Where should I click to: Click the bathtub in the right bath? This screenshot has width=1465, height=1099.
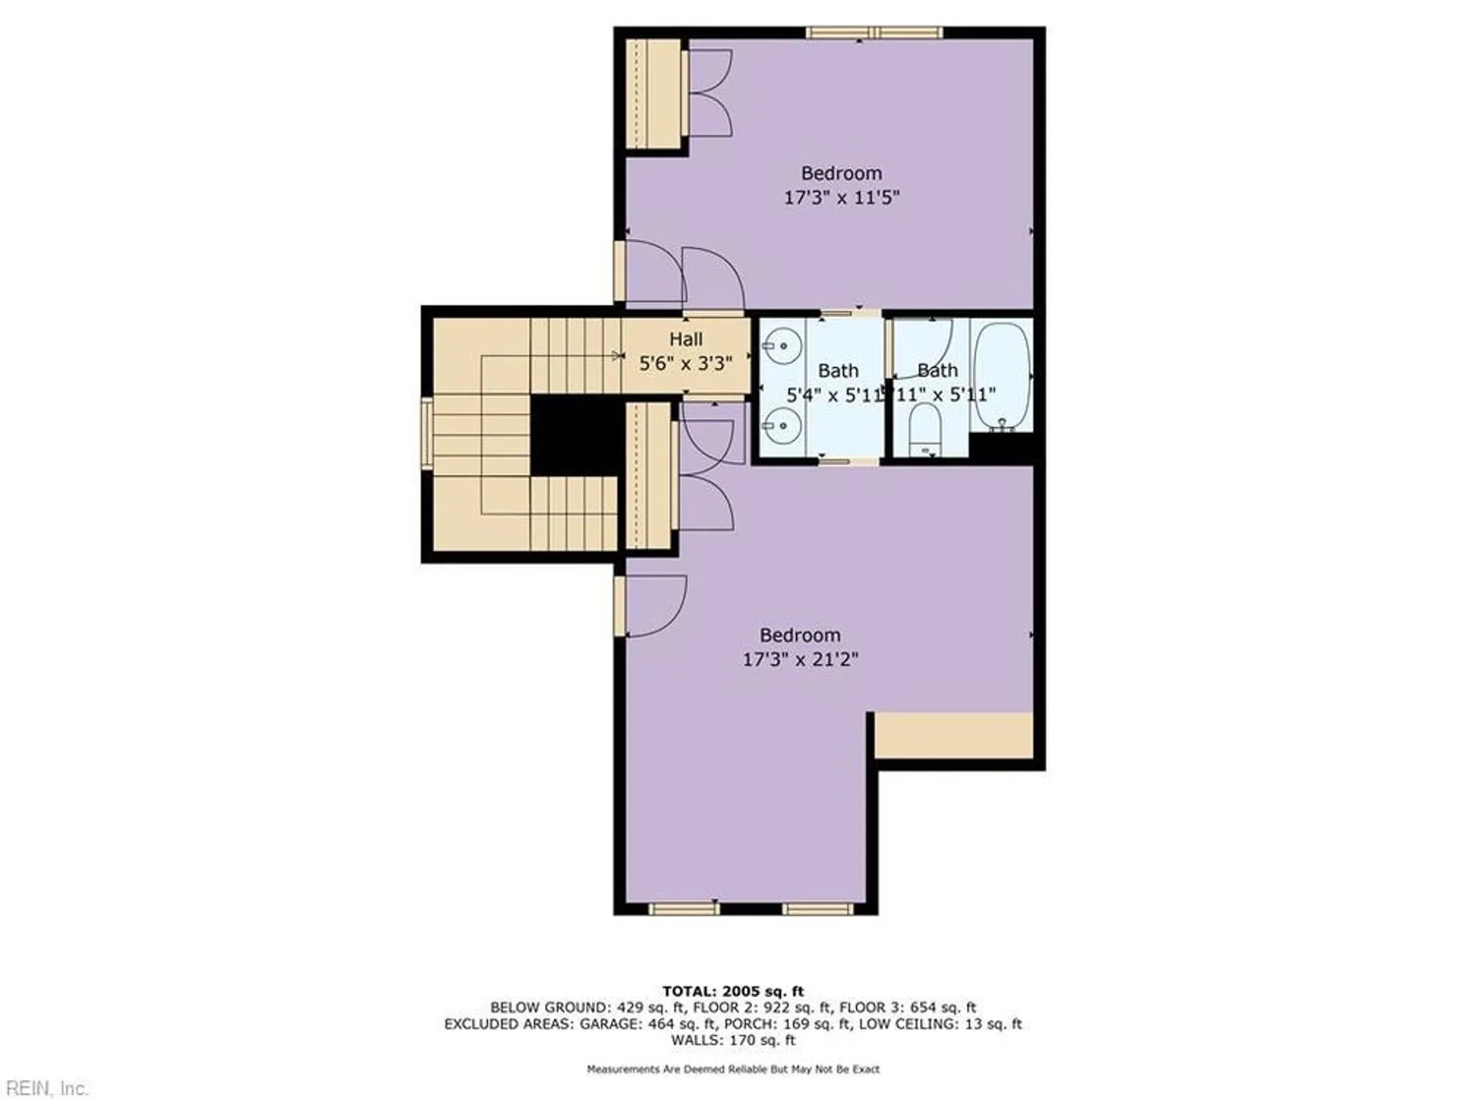(1001, 375)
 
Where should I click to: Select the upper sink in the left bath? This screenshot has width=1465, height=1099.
(782, 344)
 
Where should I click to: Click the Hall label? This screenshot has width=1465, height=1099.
(686, 339)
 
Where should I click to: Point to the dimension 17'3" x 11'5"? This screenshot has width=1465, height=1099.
(841, 197)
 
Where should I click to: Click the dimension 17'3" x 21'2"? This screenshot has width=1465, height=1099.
(800, 659)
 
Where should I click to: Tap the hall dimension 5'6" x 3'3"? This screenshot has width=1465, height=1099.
(686, 363)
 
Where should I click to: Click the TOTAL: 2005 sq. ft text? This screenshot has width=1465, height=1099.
(732, 991)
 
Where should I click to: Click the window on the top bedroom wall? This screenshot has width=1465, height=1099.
(875, 32)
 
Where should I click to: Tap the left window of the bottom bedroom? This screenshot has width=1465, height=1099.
(684, 909)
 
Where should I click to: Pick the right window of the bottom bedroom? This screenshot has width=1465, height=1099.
(817, 909)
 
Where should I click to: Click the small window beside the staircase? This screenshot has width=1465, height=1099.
(426, 433)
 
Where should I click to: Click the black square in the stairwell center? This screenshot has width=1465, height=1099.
(576, 435)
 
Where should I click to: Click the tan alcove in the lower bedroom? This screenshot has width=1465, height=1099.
(954, 735)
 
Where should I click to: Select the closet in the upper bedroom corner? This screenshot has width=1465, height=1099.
(653, 94)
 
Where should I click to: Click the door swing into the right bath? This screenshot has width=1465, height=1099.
(923, 348)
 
